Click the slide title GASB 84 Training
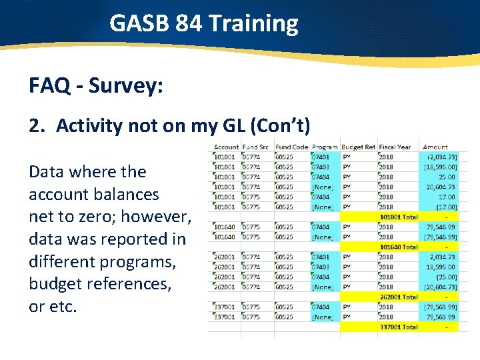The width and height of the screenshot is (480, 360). [203, 24]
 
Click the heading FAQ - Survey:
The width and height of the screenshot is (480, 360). [96, 85]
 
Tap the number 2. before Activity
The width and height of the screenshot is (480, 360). [38, 125]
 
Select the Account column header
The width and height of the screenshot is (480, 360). [226, 147]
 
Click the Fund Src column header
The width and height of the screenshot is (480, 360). [257, 147]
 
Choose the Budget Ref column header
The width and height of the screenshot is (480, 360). [358, 147]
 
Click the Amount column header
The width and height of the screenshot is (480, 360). [435, 147]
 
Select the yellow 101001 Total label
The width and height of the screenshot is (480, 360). [398, 217]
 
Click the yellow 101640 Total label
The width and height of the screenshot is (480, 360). [398, 247]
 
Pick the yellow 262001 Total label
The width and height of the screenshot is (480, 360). [398, 297]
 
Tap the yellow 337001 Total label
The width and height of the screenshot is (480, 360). [398, 327]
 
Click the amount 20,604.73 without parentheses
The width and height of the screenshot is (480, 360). [441, 187]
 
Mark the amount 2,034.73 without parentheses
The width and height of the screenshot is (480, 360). [442, 257]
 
